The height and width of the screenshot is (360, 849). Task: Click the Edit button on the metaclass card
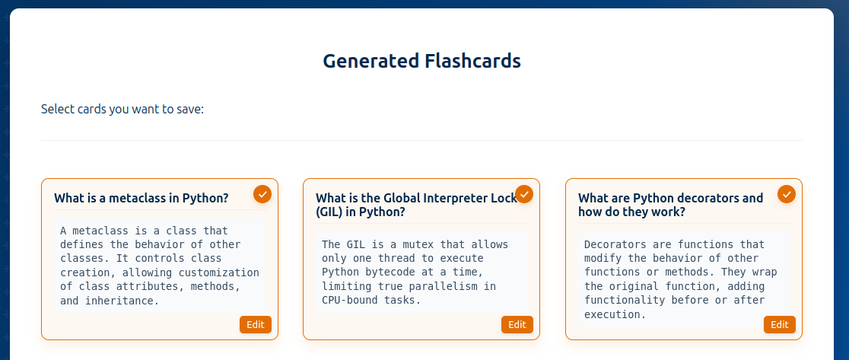(x=256, y=325)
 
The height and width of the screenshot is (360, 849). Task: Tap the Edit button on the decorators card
(x=780, y=325)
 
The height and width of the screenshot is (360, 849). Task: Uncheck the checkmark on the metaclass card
(x=262, y=194)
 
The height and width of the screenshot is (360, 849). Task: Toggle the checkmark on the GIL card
(x=524, y=194)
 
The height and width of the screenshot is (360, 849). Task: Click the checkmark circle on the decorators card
(x=787, y=194)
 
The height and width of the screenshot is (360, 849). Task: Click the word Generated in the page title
(x=371, y=61)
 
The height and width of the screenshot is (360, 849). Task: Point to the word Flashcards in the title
(x=472, y=61)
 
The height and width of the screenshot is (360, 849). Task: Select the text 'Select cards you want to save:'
(x=122, y=110)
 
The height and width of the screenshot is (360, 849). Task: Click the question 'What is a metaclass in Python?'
(x=141, y=198)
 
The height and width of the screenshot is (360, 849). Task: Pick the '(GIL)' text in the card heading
(x=332, y=212)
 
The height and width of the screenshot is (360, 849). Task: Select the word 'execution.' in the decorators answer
(x=615, y=314)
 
